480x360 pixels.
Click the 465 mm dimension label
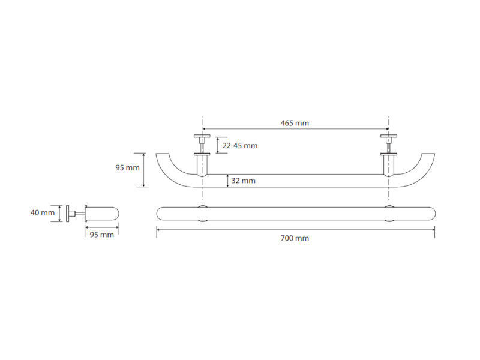coord(295,123)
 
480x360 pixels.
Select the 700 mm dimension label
coord(295,238)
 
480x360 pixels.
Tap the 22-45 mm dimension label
coord(239,146)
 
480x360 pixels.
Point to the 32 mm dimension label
coord(243,181)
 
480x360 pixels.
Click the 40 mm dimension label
coord(42,212)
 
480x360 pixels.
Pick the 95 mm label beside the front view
coord(127,168)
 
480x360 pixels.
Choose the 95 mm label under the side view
coord(101,235)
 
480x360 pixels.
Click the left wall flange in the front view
coord(202,136)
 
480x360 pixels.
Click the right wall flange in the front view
coord(389,136)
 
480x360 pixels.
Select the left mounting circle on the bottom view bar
coord(202,214)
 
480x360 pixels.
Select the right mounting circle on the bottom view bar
coord(389,214)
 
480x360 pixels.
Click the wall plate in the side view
coord(68,214)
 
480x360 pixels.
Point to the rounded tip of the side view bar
coord(116,214)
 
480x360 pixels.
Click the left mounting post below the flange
coord(202,166)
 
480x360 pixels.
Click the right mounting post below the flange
coord(389,166)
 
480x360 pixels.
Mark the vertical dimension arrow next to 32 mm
coord(228,181)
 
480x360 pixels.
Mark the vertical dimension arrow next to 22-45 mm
coord(218,145)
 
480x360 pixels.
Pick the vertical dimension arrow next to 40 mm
coord(60,214)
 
